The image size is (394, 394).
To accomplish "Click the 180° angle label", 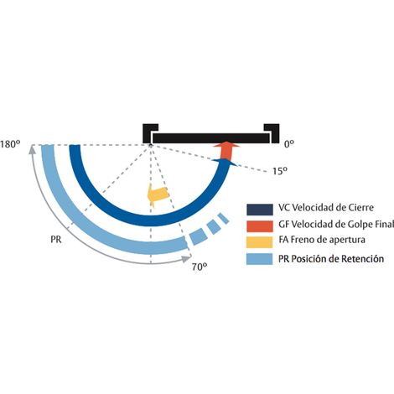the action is [10, 144].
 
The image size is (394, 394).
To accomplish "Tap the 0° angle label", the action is [289, 144].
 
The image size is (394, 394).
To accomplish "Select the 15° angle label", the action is [280, 171].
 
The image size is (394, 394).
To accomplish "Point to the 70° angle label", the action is [200, 267].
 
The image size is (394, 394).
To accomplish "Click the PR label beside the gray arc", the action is [56, 240].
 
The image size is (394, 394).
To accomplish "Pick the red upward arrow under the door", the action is [226, 151].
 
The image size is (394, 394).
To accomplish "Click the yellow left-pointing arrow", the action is [158, 194].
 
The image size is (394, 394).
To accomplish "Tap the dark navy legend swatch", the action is [260, 210].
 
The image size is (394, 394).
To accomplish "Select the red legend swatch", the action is [260, 226].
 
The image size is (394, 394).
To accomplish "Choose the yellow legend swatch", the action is [260, 242].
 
